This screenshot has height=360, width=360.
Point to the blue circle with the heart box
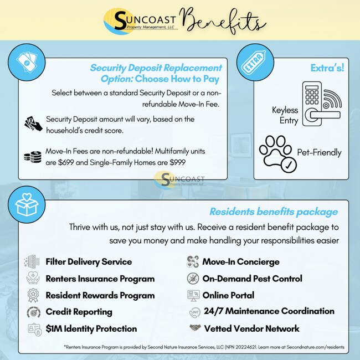point(27,204)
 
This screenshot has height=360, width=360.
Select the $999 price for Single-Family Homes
point(175,162)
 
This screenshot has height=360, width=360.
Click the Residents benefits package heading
point(274,212)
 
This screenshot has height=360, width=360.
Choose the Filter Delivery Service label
point(89,261)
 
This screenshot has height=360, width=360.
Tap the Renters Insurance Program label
point(100,279)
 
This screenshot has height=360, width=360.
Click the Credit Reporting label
point(79,312)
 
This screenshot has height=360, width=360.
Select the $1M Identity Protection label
point(91,328)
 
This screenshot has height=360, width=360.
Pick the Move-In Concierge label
point(241,261)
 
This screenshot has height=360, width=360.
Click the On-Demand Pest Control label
point(252,279)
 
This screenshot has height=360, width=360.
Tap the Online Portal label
point(228,295)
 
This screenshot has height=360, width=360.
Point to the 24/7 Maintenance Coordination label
point(269,311)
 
